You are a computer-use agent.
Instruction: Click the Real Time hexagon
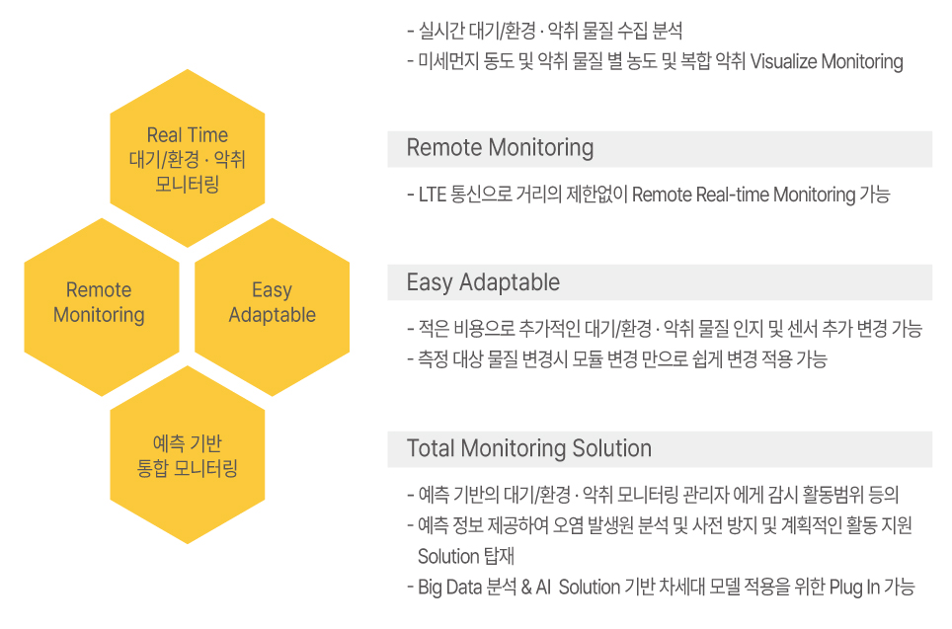point(187,158)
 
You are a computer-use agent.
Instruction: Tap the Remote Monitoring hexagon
point(102,307)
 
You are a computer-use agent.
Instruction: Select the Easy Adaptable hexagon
point(272,307)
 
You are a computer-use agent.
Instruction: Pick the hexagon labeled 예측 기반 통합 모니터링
point(187,455)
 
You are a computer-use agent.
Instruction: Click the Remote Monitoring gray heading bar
point(660,149)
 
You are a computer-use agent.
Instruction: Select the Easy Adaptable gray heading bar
point(660,282)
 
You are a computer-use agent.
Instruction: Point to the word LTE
point(433,195)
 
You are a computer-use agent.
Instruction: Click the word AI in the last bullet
point(543,588)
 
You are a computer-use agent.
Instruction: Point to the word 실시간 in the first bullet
point(441,31)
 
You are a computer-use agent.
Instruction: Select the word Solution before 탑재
point(448,556)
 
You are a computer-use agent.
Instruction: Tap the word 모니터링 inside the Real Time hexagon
point(187,184)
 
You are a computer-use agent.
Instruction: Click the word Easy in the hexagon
point(272,290)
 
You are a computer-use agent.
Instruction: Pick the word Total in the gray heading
point(432,448)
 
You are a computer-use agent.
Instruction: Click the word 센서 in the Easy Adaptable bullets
point(802,329)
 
